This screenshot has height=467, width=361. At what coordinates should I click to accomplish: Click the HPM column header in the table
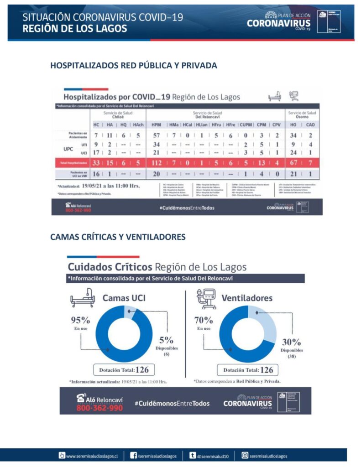point(156,125)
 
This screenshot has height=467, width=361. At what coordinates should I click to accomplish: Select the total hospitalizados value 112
point(157,163)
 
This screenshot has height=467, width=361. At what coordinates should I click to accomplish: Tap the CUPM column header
point(246,125)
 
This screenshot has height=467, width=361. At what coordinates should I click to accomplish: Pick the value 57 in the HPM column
point(157,135)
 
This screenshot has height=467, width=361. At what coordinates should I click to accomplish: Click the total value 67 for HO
point(293,163)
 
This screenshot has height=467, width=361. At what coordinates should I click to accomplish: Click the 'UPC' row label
point(68,149)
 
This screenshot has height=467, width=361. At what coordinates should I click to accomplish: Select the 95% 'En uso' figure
point(80,320)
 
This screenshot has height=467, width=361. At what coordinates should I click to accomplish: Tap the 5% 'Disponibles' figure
point(166,340)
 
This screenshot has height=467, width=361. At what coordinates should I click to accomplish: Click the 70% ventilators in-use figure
point(204,320)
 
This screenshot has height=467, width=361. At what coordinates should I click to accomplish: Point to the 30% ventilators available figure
point(291,342)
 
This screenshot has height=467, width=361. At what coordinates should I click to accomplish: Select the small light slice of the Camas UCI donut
point(129,311)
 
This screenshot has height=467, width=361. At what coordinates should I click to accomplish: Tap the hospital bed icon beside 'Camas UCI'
point(83,298)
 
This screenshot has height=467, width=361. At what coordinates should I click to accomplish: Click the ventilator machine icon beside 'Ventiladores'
point(206,298)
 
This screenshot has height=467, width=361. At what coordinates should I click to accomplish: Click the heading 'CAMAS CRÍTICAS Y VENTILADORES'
point(118,237)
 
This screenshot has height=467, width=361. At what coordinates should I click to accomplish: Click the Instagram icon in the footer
point(245,456)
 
